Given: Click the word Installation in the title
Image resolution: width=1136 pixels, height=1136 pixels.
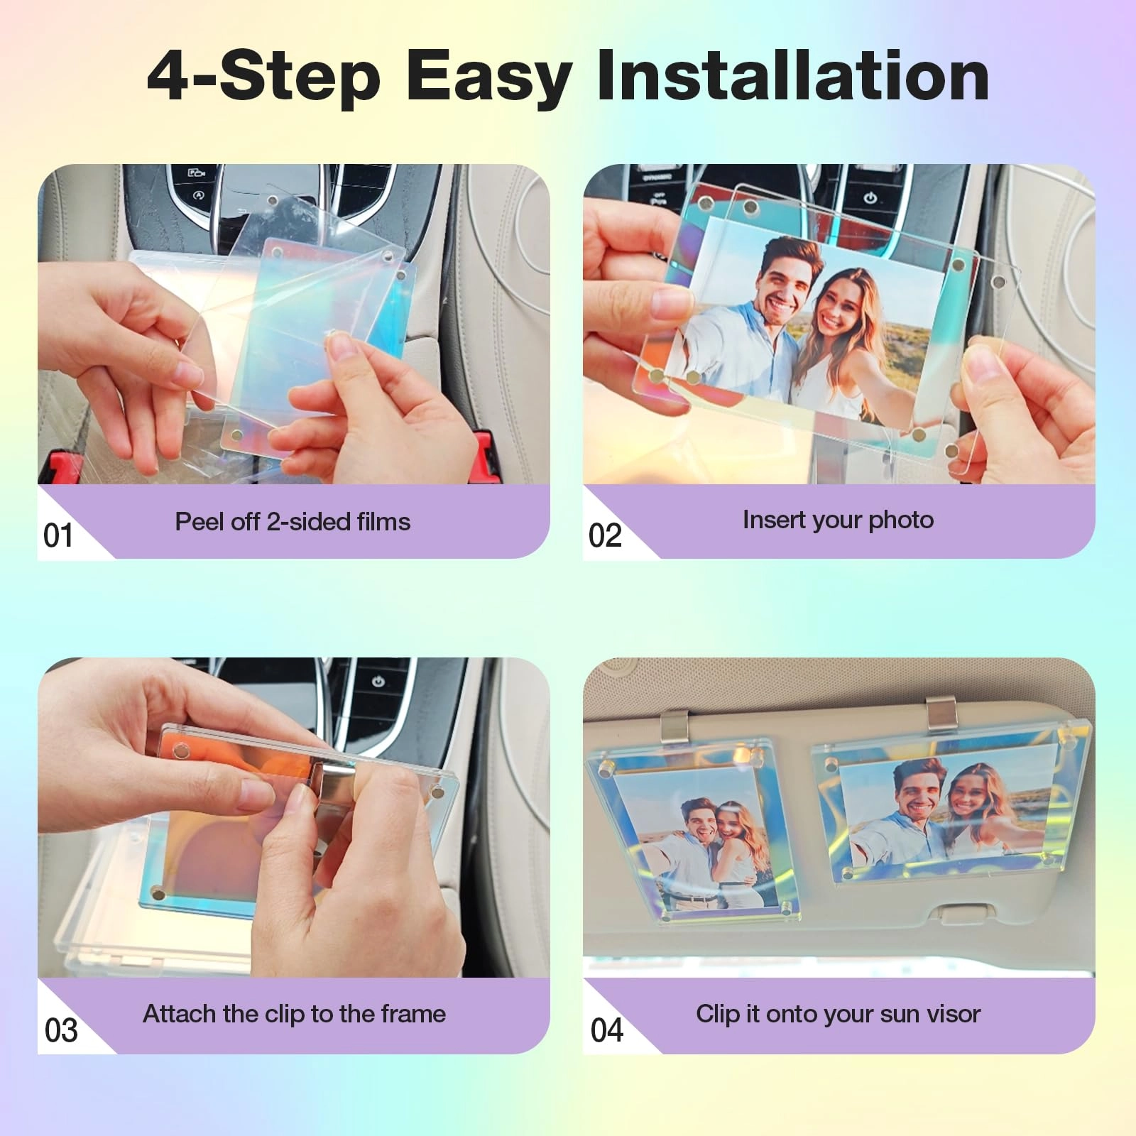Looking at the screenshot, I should point(792,77).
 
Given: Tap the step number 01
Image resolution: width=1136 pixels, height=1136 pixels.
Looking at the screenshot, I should point(58,535).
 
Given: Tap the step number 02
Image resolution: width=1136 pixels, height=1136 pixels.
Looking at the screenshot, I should point(605,535).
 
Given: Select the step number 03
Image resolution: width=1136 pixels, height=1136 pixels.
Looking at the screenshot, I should point(60,1030).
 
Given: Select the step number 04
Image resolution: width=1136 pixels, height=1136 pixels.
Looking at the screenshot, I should point(606,1030).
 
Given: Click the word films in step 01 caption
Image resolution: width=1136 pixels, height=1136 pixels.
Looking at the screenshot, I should point(383,522).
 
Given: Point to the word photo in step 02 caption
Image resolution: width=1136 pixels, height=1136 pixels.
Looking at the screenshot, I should point(901,520).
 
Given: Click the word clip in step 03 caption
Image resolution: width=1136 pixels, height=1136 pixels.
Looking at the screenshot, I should point(284,1014).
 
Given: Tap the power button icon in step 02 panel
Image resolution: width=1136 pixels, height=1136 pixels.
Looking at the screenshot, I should point(870,198).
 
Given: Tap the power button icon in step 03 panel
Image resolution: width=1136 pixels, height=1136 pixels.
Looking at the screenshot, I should point(378,682).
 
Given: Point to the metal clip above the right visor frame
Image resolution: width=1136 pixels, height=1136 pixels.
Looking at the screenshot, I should point(941,713).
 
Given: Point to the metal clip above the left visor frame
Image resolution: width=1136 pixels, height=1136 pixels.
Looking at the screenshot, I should point(674,726).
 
